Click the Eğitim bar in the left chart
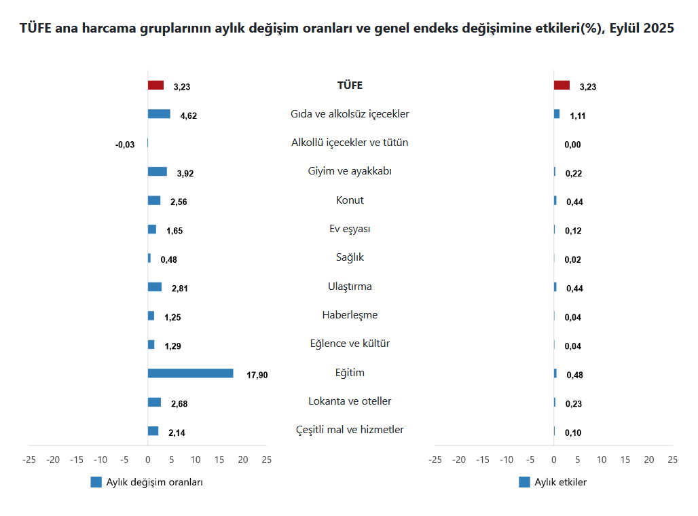190,373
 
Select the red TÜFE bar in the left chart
155,86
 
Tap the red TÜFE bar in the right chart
562,86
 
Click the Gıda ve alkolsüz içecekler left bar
159,114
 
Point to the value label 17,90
257,375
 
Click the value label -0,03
125,144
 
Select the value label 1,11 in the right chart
578,115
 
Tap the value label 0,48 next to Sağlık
168,259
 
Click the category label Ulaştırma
350,287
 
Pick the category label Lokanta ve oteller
350,401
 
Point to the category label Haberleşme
350,315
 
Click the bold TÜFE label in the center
350,86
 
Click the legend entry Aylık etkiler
560,482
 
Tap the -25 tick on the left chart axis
29,460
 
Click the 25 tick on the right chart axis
672,460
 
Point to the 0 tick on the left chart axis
148,460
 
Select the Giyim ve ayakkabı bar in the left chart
157,172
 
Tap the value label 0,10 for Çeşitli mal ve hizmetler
573,432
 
